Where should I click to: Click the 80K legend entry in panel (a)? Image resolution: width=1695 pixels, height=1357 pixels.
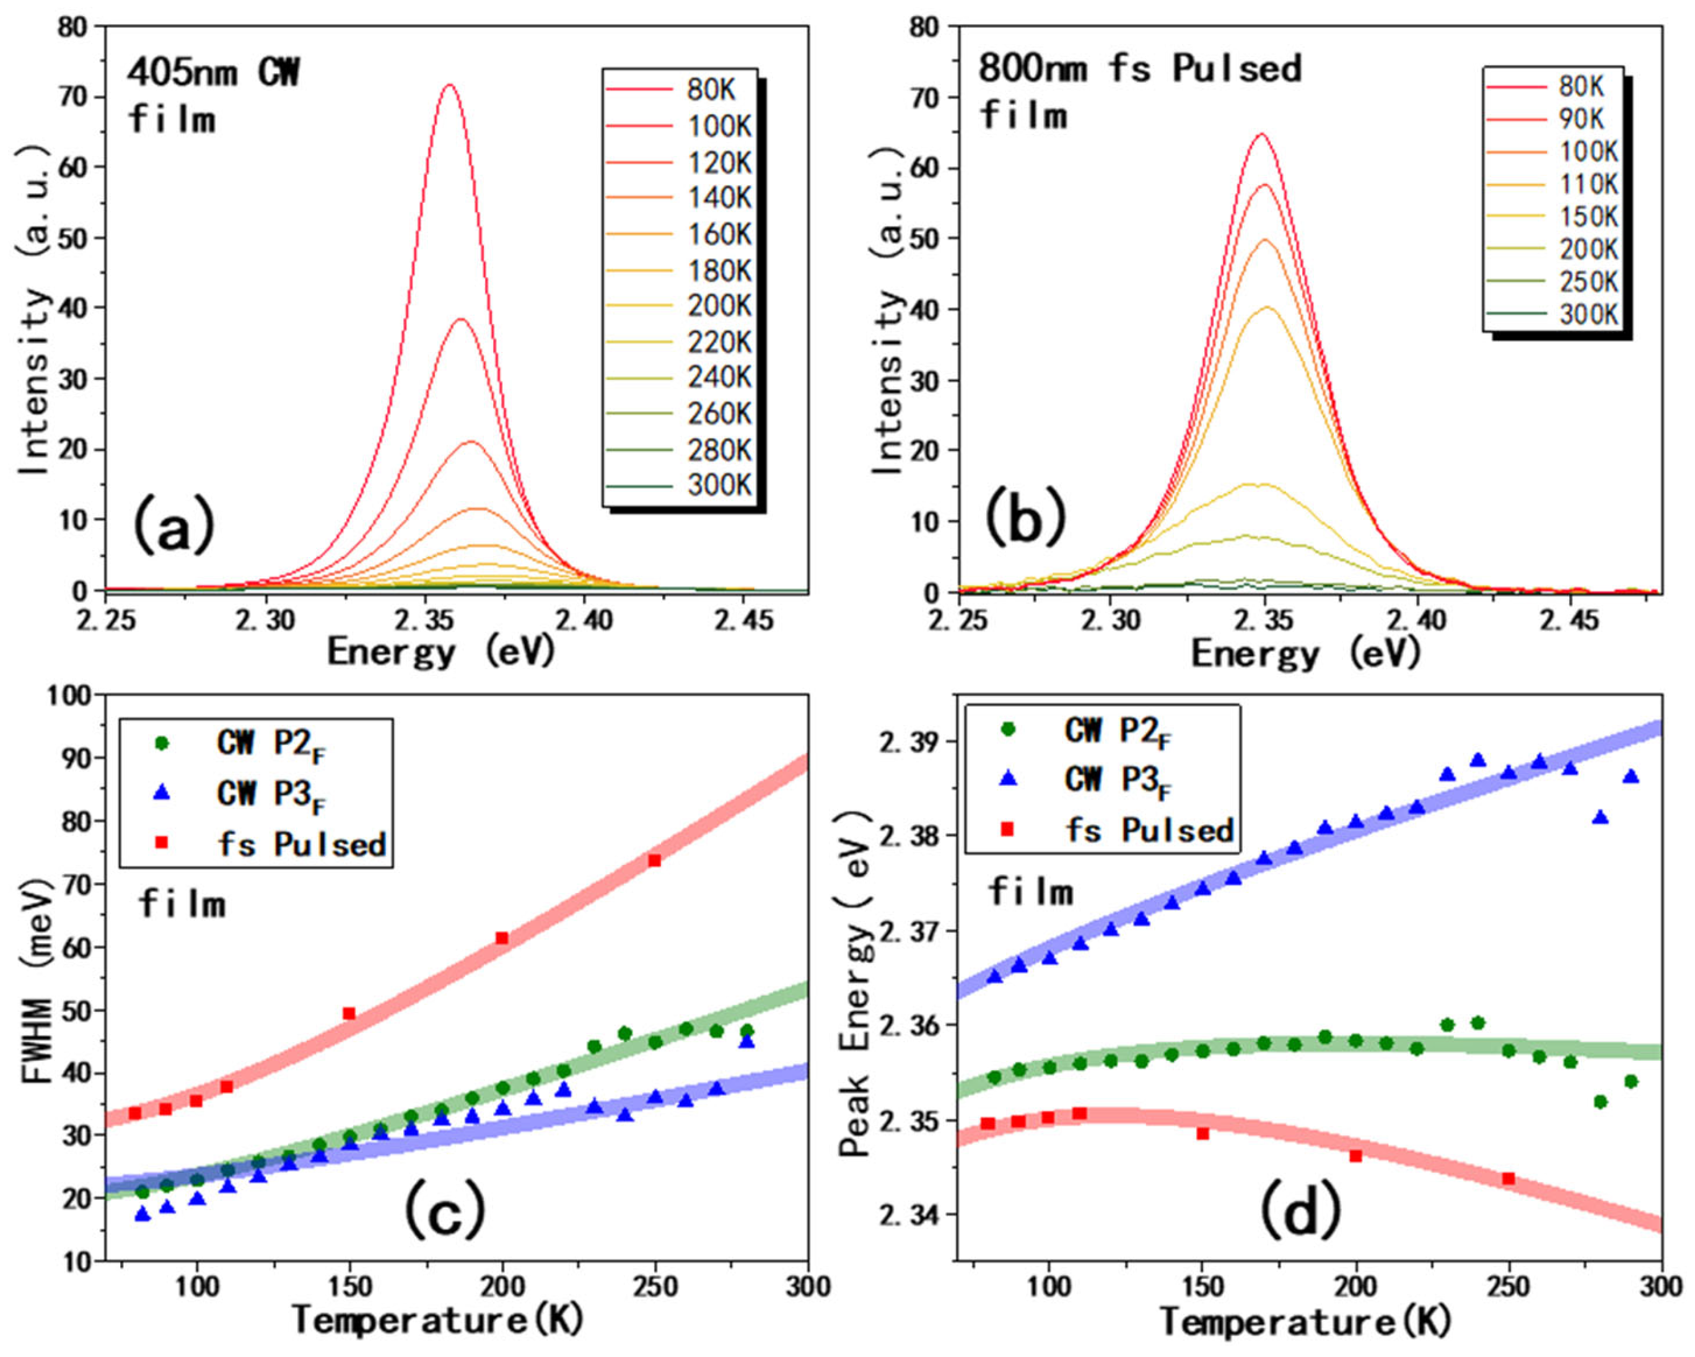[678, 90]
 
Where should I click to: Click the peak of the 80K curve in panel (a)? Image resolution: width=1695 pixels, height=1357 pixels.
[450, 85]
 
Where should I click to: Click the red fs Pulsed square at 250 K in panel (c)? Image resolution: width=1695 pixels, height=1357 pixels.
[654, 860]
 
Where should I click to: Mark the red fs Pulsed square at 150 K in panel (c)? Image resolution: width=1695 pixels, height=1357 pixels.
[349, 1014]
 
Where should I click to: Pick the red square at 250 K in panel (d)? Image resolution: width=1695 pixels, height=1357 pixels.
[1508, 1179]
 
